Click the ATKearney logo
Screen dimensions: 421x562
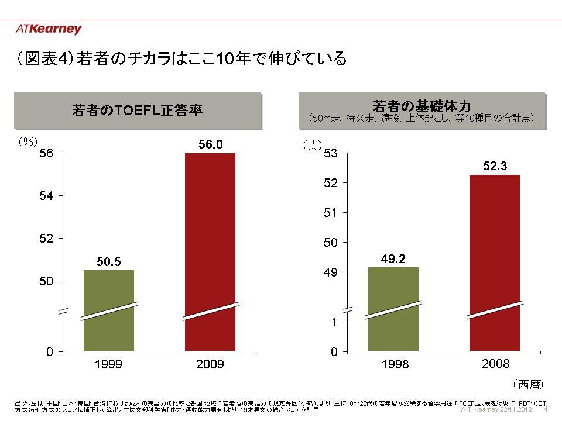49,29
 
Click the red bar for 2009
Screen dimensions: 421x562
210,251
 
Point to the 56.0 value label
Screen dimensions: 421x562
211,144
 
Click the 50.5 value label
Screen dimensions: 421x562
109,262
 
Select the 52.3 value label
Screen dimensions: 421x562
495,166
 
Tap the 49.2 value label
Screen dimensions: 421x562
393,259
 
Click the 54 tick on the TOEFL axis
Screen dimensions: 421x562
46,196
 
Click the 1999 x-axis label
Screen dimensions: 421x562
109,364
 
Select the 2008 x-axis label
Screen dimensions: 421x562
495,364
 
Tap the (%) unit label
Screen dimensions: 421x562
26,142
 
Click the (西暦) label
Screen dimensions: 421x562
528,384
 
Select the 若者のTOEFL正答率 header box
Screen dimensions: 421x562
138,109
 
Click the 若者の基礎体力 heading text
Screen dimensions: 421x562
422,106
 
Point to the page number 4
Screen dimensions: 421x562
546,409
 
